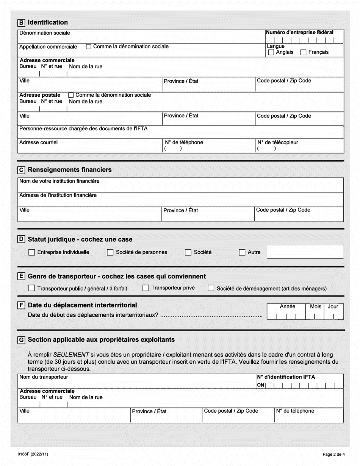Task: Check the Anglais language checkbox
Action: (271, 53)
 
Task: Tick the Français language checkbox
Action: (303, 53)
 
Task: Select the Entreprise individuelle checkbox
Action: (32, 252)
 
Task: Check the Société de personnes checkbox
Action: (110, 252)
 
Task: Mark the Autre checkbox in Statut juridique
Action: (242, 252)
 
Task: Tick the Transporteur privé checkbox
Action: (146, 288)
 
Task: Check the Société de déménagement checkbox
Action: (211, 289)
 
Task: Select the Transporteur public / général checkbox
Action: (32, 289)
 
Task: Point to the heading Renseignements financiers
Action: (70, 170)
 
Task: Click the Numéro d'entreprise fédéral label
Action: (299, 33)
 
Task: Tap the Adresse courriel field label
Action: (39, 143)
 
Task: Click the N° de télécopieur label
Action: (277, 143)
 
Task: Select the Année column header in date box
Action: (287, 306)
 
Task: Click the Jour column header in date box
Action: (333, 306)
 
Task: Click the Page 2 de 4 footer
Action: (331, 453)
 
